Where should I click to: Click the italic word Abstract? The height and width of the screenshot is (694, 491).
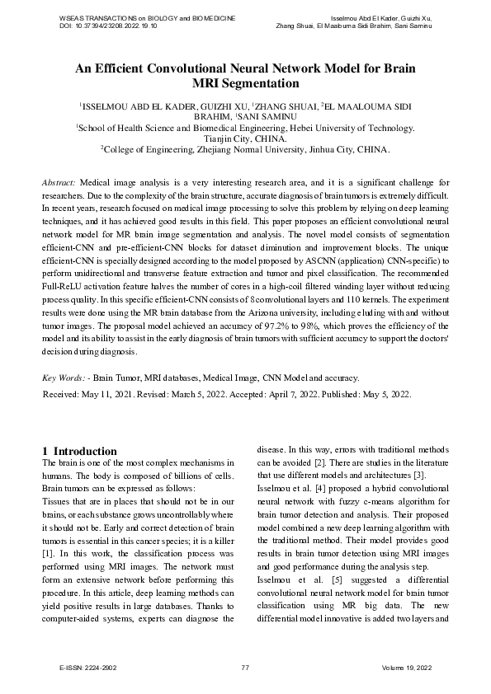click(x=58, y=181)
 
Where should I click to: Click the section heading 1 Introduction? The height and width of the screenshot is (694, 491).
click(x=79, y=451)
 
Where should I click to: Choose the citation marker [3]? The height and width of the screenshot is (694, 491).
click(x=419, y=476)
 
